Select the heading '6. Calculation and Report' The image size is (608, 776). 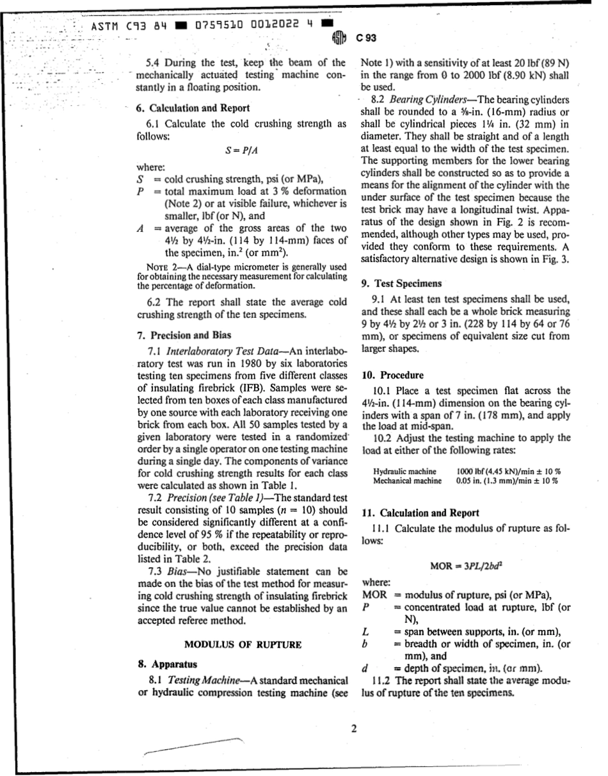195,108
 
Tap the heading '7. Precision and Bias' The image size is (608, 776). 186,334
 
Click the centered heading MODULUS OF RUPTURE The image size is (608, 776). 243,645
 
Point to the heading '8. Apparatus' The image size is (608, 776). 168,664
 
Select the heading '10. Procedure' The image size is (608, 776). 392,375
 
